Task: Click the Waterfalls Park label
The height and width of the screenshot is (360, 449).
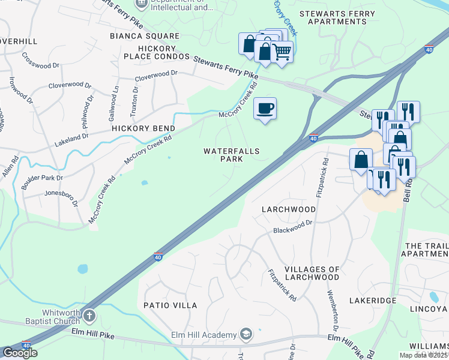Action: pos(231,155)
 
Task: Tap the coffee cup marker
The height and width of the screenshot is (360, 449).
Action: pos(265,109)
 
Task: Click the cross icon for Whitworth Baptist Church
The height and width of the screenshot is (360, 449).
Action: pos(89,315)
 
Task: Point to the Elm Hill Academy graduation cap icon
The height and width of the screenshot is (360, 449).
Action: pos(245,334)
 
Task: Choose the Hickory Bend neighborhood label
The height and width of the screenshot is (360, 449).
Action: pos(143,128)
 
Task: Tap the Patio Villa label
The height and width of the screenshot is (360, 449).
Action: pos(170,305)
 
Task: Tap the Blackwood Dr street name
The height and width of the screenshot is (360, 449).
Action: pos(294,226)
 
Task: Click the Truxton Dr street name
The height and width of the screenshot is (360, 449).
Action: pos(135,97)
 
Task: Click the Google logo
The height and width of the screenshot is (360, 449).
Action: pos(20,353)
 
